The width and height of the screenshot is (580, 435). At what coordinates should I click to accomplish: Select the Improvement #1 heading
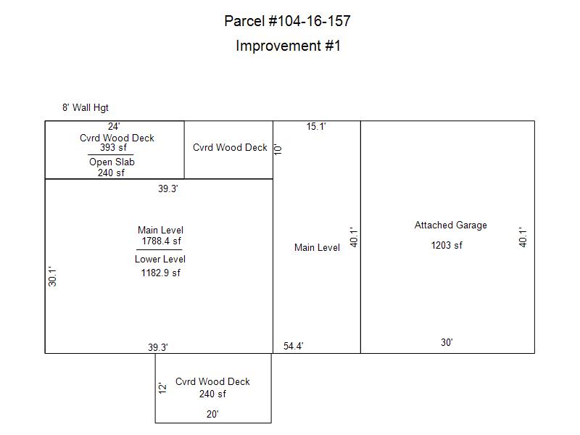(288, 46)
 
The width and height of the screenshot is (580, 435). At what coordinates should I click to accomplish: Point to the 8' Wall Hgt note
(86, 107)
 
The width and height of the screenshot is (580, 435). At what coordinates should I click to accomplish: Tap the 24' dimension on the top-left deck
(114, 126)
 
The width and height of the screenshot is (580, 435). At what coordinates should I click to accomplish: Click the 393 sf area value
(113, 148)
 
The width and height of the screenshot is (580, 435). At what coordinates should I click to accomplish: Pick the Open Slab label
(112, 162)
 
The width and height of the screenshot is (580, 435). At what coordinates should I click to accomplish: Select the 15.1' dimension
(316, 126)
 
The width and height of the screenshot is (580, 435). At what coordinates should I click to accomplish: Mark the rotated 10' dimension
(278, 149)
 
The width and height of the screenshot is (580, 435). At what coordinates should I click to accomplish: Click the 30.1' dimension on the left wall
(52, 276)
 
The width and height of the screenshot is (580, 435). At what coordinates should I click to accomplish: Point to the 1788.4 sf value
(161, 241)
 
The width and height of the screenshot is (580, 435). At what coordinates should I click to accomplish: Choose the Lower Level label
(159, 260)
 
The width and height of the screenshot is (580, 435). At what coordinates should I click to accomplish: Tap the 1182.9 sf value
(160, 273)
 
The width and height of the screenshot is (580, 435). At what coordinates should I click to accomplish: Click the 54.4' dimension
(294, 347)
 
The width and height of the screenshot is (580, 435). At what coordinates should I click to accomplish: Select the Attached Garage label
(450, 225)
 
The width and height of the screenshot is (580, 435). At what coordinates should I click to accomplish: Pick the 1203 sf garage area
(447, 245)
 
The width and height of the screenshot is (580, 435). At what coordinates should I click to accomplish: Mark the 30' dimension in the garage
(447, 342)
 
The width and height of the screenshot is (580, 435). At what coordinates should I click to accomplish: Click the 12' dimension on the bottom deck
(162, 388)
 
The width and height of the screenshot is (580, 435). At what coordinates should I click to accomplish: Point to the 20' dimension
(212, 414)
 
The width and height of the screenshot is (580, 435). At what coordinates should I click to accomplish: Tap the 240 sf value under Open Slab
(111, 173)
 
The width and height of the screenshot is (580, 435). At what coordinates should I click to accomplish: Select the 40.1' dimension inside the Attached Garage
(522, 237)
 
